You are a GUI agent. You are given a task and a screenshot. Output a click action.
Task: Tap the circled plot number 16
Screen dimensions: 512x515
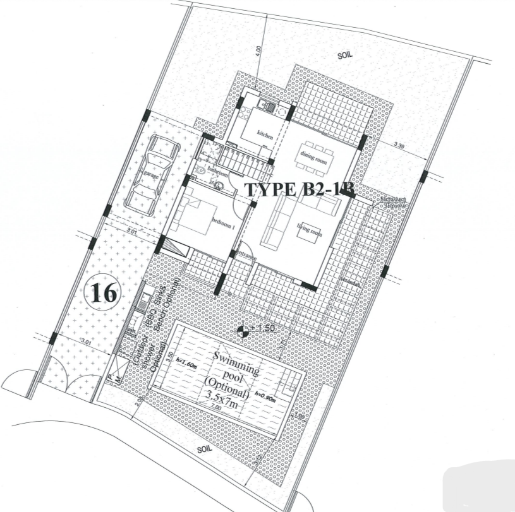(x=102, y=294)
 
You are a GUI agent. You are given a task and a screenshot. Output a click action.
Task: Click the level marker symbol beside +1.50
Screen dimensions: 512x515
(x=242, y=330)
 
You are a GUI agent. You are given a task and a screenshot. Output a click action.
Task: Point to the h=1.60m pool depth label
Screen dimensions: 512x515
(x=187, y=362)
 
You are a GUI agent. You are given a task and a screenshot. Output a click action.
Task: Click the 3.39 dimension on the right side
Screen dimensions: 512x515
(x=399, y=146)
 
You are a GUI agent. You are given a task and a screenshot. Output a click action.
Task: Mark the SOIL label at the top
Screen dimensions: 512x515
(x=344, y=56)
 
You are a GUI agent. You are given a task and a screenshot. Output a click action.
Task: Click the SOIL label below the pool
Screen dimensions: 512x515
(x=203, y=449)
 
